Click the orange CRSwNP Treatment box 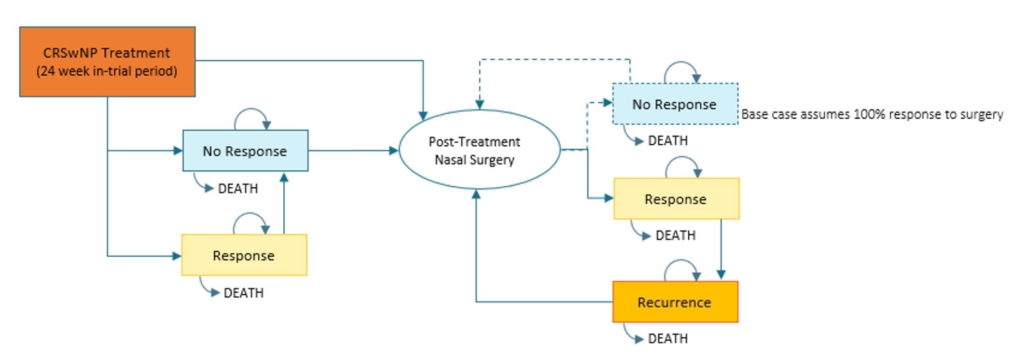click(x=107, y=62)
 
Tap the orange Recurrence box click(x=675, y=302)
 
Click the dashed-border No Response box click(x=675, y=104)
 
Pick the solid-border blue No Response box click(x=245, y=151)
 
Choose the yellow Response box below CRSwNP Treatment click(x=244, y=255)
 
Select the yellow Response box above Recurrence click(x=676, y=199)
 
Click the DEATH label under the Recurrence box click(x=667, y=339)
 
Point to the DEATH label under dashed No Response click(x=667, y=141)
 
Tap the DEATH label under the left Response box click(x=243, y=293)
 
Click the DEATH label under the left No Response click(x=237, y=188)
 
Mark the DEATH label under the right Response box click(x=675, y=235)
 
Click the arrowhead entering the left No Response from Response click(x=284, y=178)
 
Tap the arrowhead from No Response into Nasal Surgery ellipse click(x=393, y=151)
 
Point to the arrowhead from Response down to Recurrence click(x=721, y=275)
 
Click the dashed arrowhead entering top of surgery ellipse click(x=479, y=104)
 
